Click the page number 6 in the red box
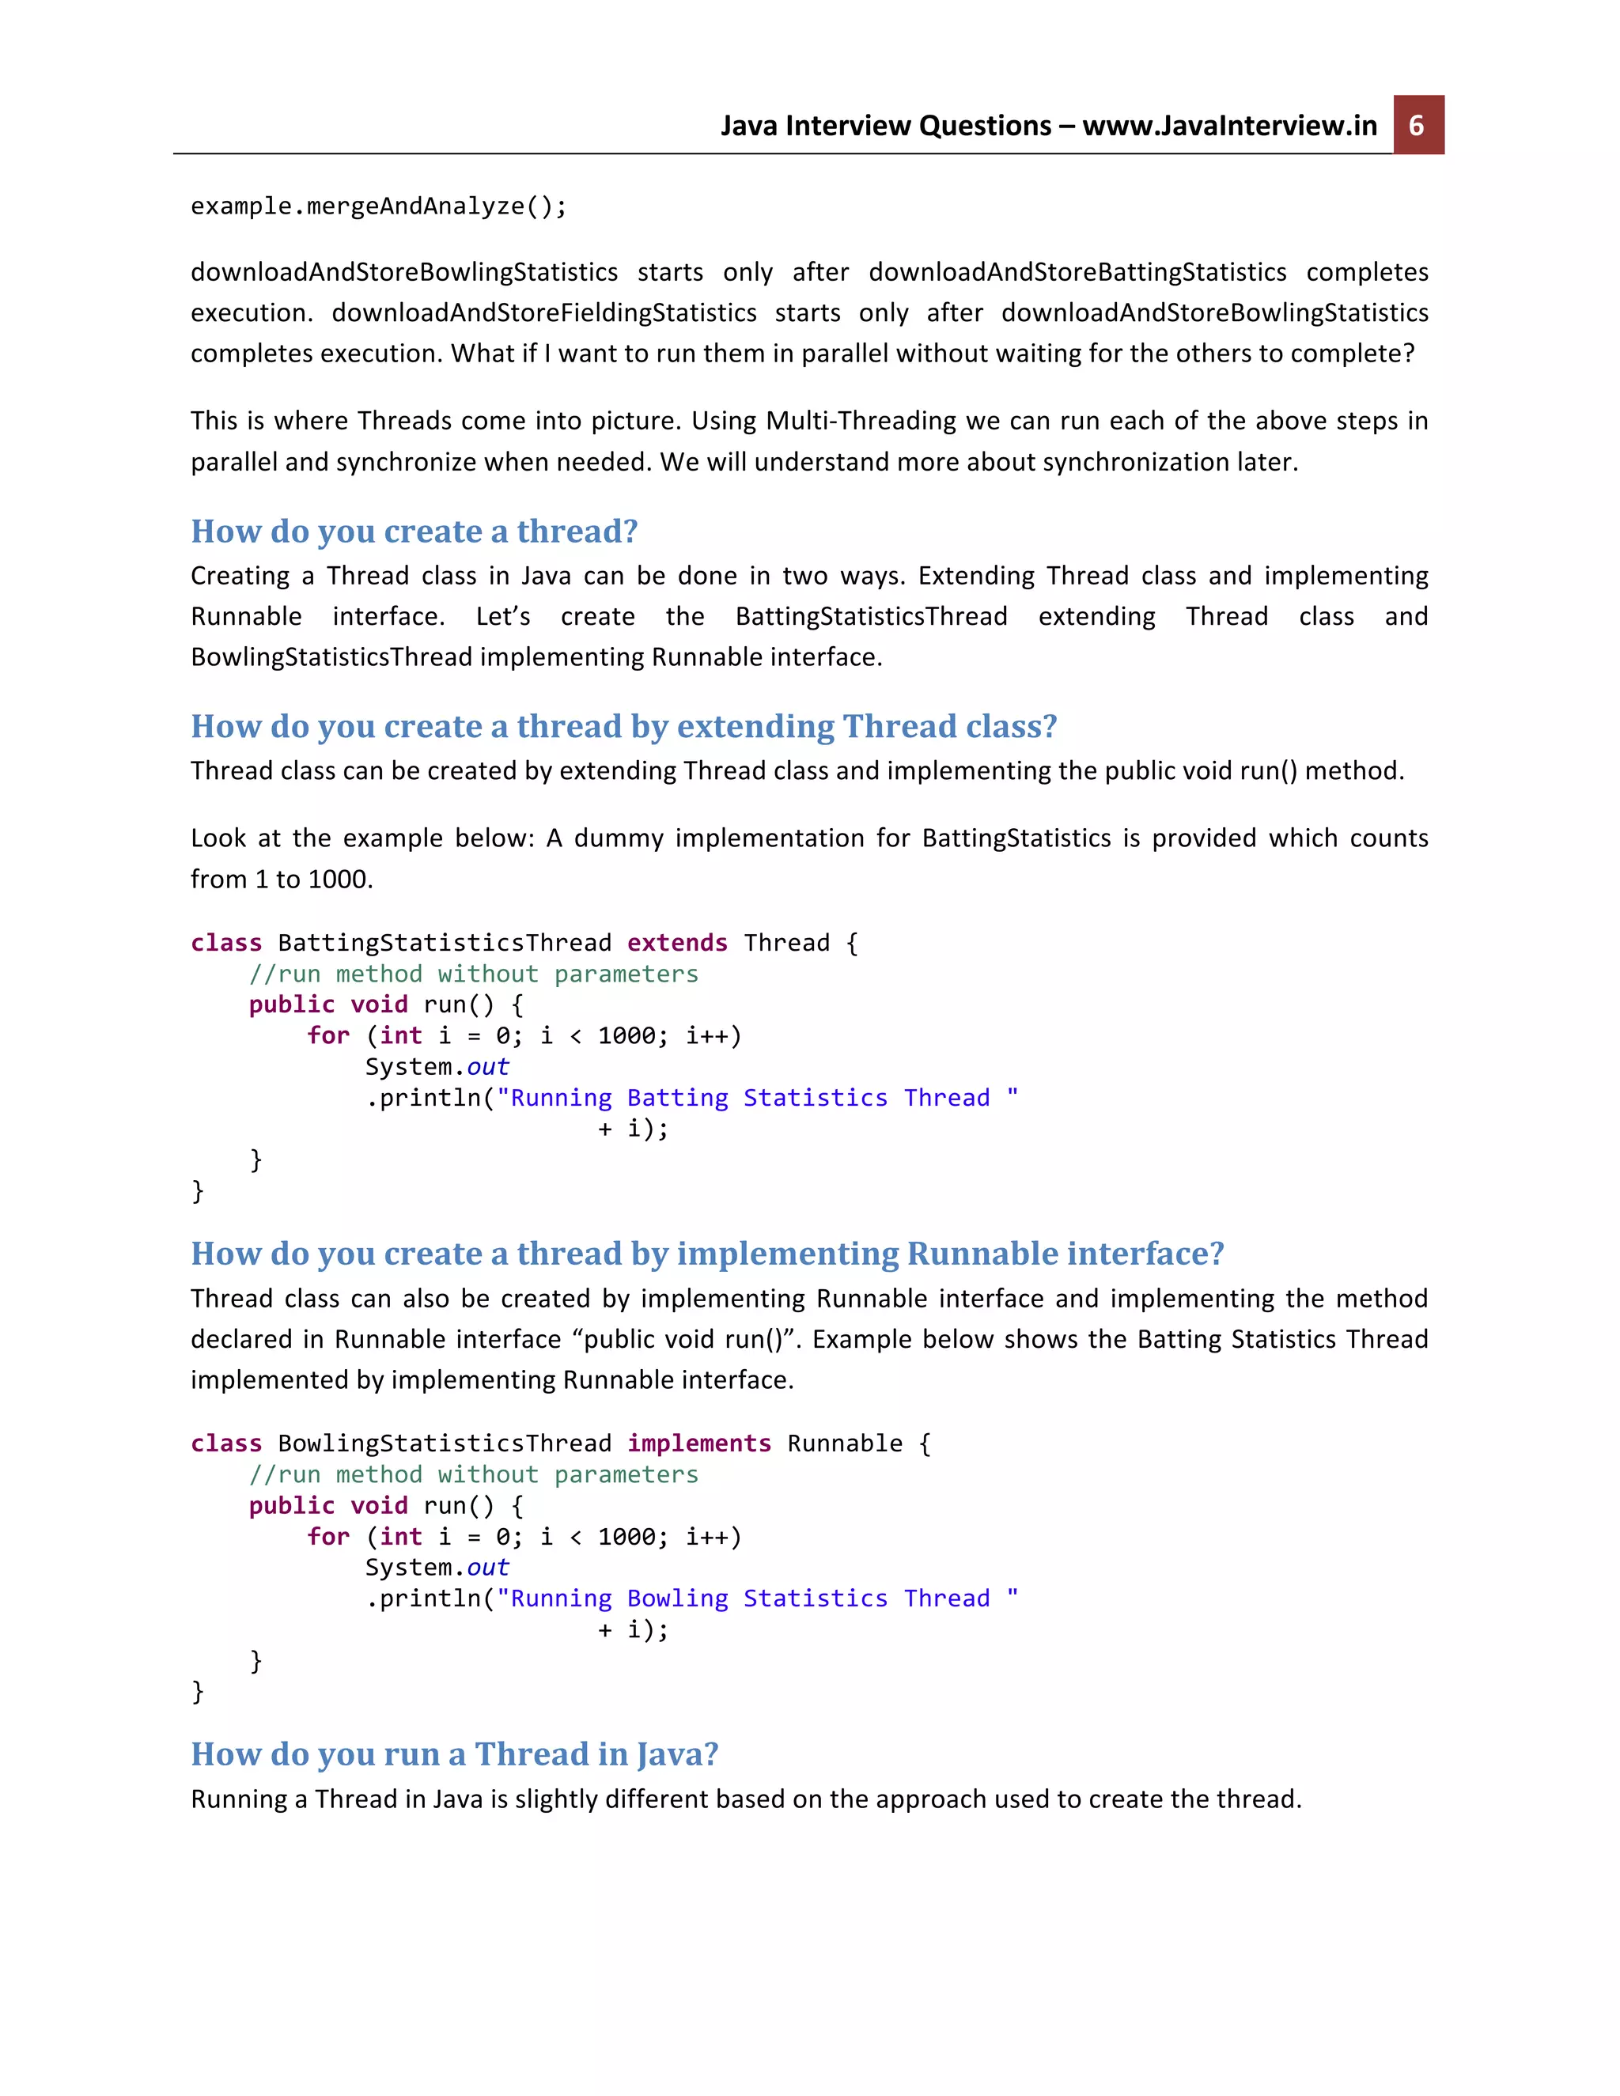(x=1417, y=126)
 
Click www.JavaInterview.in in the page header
(x=1229, y=126)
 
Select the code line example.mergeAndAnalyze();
(x=379, y=206)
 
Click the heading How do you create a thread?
(x=414, y=531)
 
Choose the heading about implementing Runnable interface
(x=707, y=1254)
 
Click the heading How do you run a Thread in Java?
(x=454, y=1754)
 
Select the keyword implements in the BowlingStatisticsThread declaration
(x=698, y=1443)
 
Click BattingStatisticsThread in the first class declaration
(x=444, y=943)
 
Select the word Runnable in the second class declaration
(x=845, y=1443)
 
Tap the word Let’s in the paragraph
(x=502, y=616)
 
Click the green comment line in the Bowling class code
(x=473, y=1475)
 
